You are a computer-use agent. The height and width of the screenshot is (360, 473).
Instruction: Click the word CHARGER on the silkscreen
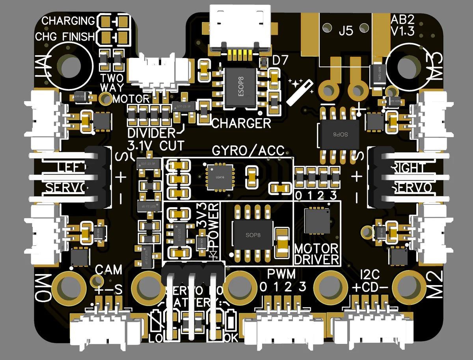coord(241,123)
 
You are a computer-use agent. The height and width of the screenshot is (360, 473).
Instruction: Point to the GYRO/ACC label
coord(248,150)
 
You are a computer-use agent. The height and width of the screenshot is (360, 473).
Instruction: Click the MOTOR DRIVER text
coord(317,254)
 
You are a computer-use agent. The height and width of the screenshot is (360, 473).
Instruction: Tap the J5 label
coord(346,31)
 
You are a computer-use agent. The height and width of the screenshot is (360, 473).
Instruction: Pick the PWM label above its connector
coord(281,273)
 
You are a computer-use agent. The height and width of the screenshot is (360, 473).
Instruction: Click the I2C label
coord(369,273)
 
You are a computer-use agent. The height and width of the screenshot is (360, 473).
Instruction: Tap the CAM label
coord(109,270)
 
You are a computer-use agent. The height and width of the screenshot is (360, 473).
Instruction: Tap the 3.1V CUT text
coord(156,145)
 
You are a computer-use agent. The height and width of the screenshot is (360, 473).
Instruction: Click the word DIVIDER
coord(151,132)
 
